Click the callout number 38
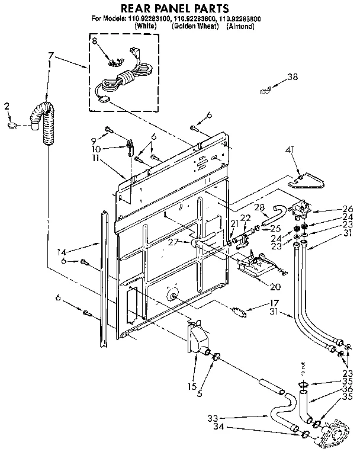(x=292, y=77)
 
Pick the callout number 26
(x=348, y=208)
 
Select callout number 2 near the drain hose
(x=7, y=107)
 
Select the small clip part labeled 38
(x=266, y=89)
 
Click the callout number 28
(x=259, y=207)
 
